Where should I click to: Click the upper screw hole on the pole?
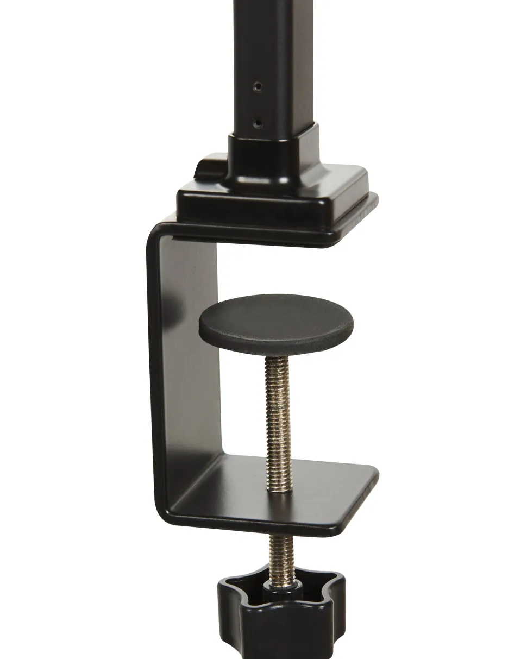[258, 86]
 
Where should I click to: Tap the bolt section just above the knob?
[280, 557]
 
